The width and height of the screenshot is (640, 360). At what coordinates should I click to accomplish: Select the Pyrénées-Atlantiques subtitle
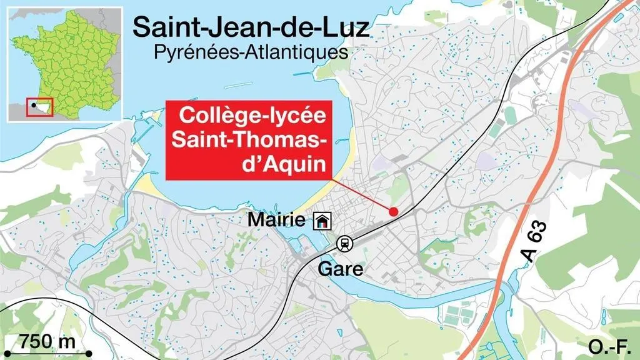click(x=251, y=51)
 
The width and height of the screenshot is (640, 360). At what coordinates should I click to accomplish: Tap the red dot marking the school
click(x=393, y=212)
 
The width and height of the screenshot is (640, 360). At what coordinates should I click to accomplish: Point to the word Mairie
click(x=277, y=220)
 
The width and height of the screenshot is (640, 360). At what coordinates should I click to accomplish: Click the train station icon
click(x=344, y=244)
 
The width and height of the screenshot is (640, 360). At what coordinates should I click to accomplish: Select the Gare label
click(x=341, y=270)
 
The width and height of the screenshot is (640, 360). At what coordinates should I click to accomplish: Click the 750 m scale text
click(x=47, y=342)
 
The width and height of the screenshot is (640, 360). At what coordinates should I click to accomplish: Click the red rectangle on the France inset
click(x=39, y=107)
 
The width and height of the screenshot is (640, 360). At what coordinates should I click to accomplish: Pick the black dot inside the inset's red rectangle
click(x=32, y=106)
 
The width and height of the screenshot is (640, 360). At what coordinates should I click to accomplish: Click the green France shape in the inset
click(x=69, y=62)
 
